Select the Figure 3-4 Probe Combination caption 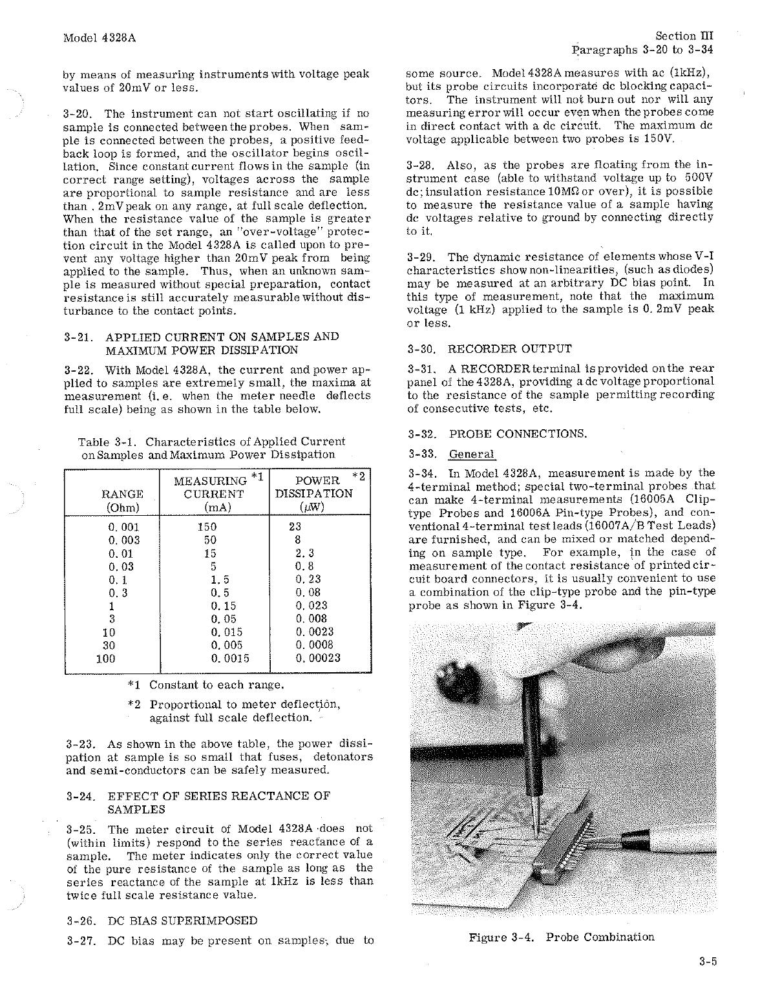click(561, 937)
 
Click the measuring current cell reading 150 click(207, 527)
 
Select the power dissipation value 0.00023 click(318, 659)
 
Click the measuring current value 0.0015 click(229, 659)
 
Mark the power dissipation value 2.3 click(304, 553)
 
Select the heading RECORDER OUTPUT click(509, 349)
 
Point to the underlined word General click(471, 454)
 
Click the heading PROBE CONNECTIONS click(518, 434)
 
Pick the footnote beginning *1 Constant click(206, 685)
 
